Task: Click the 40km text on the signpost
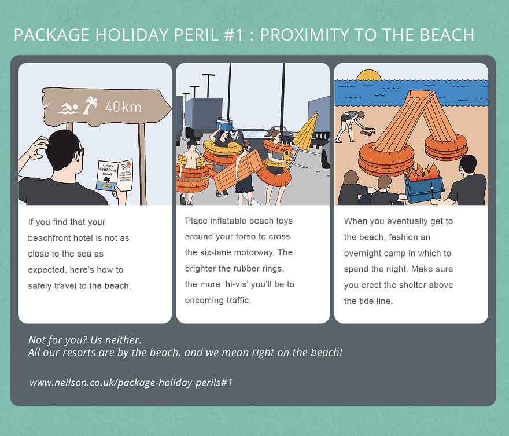coord(123,107)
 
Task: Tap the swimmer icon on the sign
coord(68,108)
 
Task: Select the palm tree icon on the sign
coord(90,106)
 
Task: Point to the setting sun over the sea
coord(368,75)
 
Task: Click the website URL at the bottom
coord(131,383)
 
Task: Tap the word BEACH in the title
coord(446,35)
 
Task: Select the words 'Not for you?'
coord(57,339)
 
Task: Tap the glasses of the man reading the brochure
coord(80,152)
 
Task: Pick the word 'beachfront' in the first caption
coord(50,238)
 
